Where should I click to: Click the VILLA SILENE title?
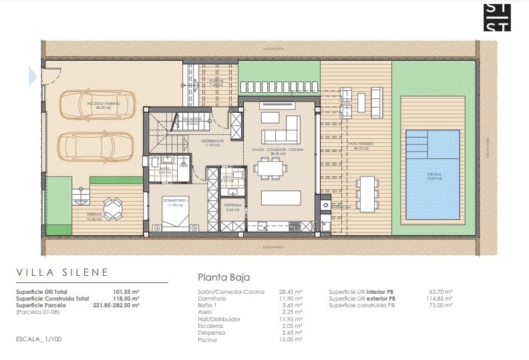click(x=61, y=273)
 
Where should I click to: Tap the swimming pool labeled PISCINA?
click(x=433, y=174)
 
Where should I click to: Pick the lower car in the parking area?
click(x=96, y=145)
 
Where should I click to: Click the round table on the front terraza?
click(x=113, y=209)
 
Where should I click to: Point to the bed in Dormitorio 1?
click(x=176, y=212)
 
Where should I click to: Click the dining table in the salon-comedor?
click(x=271, y=168)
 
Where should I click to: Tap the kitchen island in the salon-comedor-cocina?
click(x=279, y=198)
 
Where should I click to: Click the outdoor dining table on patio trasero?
click(x=367, y=193)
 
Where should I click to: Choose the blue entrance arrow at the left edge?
click(x=32, y=77)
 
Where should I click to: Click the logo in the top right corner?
click(x=497, y=17)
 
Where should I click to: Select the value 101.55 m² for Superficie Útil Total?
click(x=126, y=292)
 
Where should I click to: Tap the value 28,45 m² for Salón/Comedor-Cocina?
click(x=291, y=292)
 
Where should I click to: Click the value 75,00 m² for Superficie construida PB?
click(x=441, y=305)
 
